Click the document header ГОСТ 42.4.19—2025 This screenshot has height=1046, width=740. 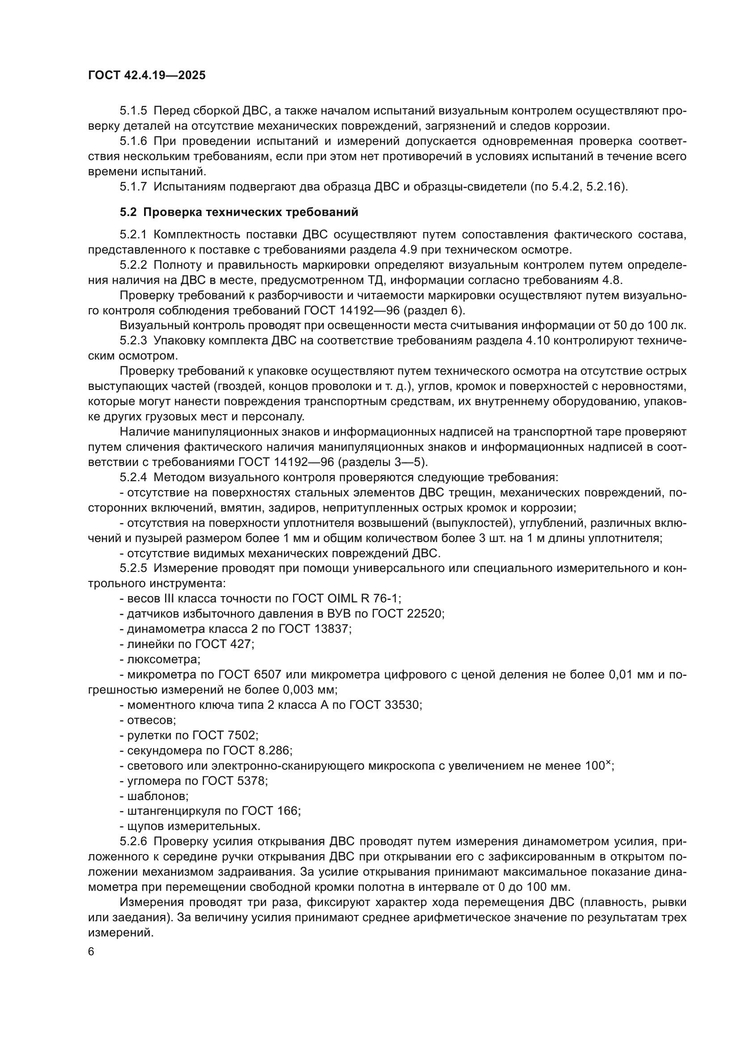[x=147, y=75]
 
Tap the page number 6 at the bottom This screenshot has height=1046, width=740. [x=91, y=952]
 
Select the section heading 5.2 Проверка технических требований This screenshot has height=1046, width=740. [x=239, y=212]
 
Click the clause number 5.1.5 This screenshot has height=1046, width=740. [x=133, y=111]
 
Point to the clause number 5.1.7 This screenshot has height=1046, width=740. [x=133, y=186]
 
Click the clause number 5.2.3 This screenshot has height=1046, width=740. [x=133, y=341]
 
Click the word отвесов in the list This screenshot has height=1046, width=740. [x=151, y=720]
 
